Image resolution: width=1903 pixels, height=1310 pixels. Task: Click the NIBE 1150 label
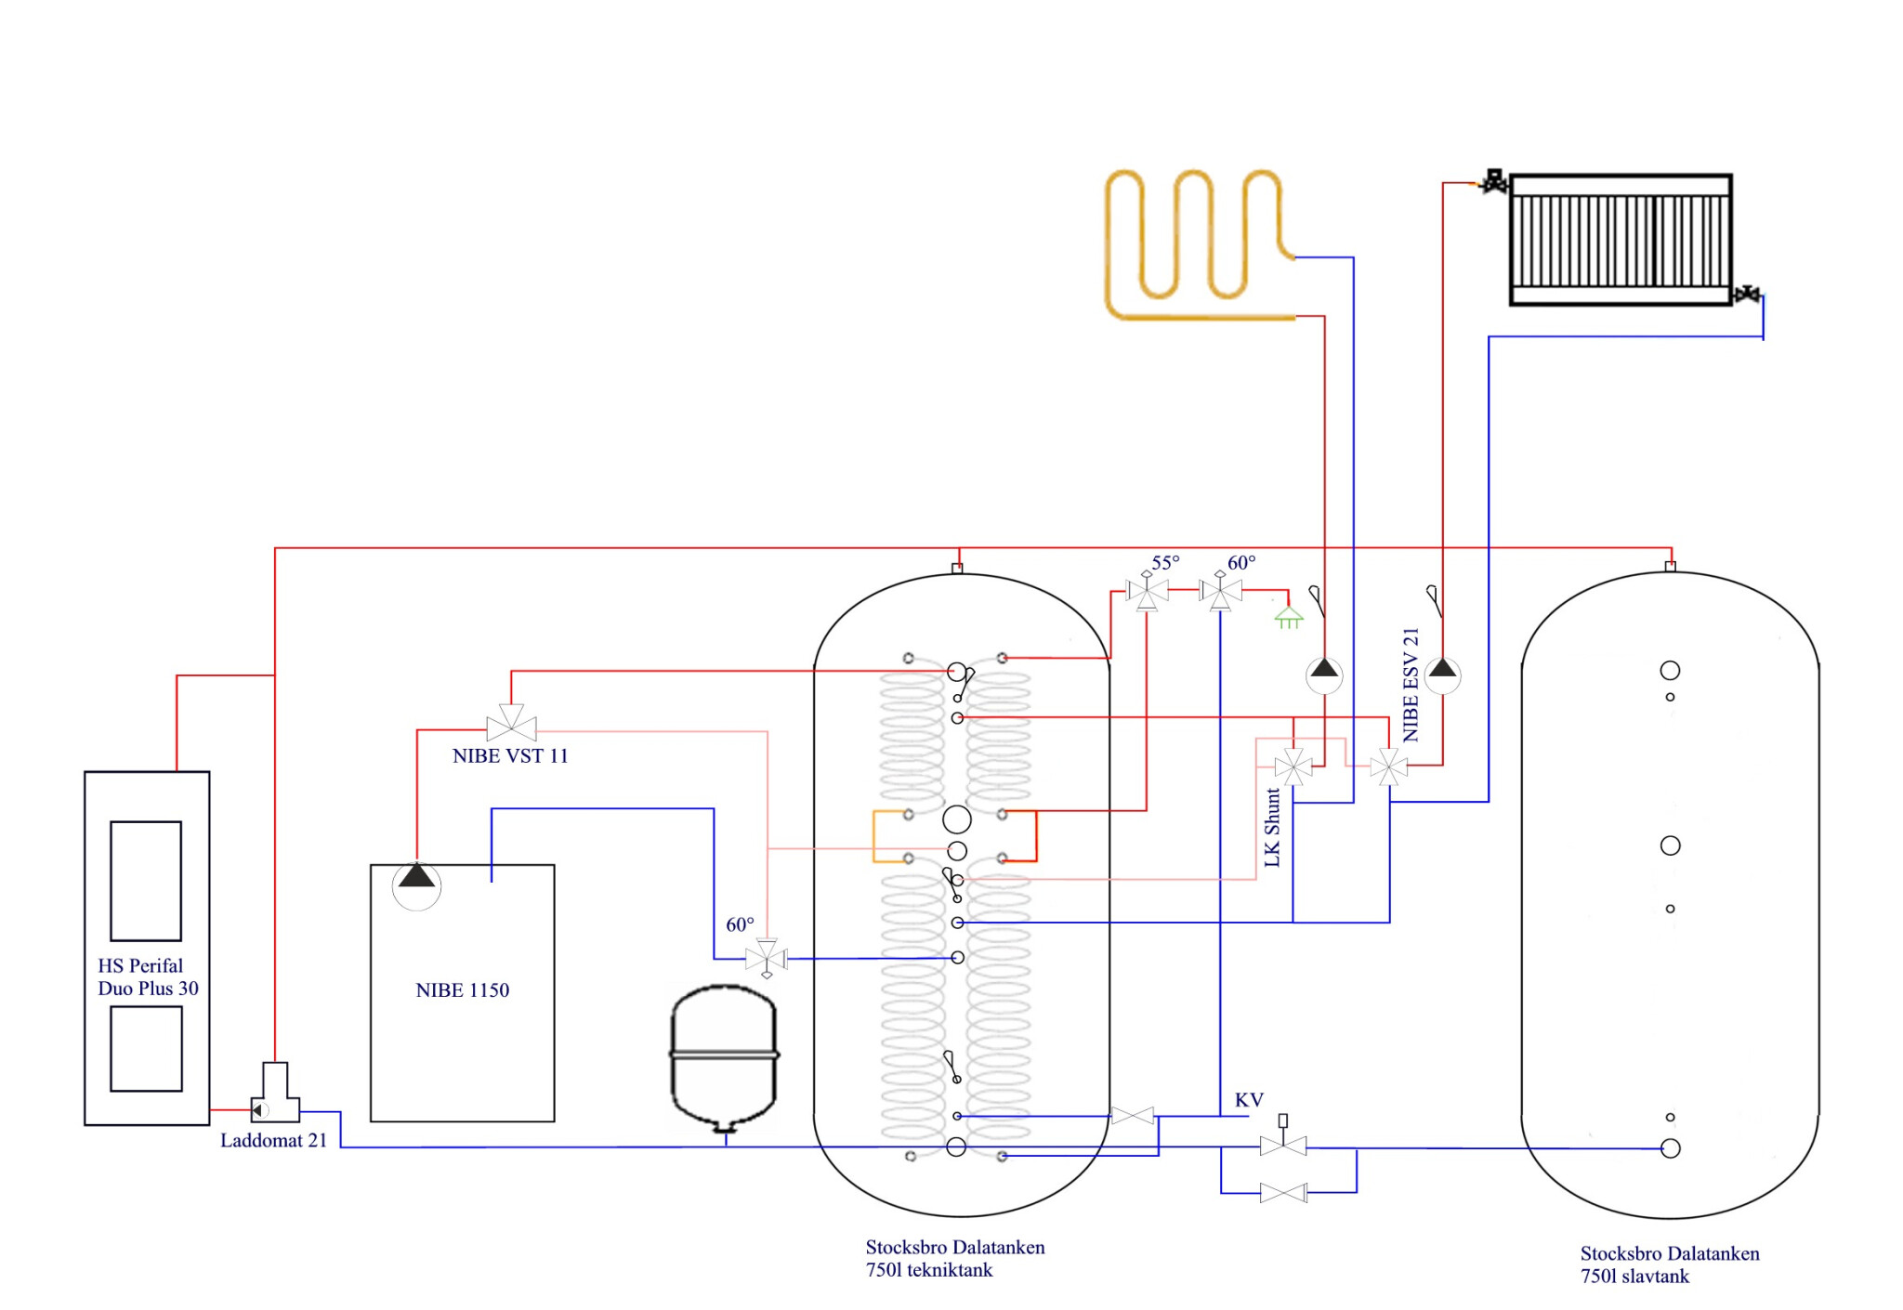(x=462, y=990)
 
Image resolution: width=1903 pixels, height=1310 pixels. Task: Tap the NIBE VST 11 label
(x=509, y=756)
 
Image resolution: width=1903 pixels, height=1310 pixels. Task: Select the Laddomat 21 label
(x=273, y=1141)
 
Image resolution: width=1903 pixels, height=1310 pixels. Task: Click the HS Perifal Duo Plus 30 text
(x=148, y=977)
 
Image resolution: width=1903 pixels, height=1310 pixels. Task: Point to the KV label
(x=1249, y=1101)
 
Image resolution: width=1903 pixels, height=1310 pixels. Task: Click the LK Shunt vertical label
(x=1272, y=828)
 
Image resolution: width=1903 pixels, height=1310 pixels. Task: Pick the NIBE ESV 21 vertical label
(x=1411, y=685)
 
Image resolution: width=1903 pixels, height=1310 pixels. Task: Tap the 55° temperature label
(x=1165, y=563)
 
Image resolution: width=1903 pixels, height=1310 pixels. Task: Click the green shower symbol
(x=1289, y=617)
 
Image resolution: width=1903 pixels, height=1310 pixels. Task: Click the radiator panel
(x=1621, y=240)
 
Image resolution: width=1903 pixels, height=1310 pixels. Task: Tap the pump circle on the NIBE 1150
(x=416, y=885)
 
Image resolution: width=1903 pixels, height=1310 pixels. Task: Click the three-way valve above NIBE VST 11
(x=511, y=723)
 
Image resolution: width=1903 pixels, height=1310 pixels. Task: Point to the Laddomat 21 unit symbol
(x=275, y=1094)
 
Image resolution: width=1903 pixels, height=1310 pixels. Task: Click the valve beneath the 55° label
(x=1147, y=591)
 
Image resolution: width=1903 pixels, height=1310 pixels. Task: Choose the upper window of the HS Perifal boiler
(x=146, y=881)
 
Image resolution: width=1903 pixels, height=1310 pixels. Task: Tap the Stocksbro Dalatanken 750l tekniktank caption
(x=954, y=1259)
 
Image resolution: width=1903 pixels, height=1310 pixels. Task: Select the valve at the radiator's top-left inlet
(x=1494, y=181)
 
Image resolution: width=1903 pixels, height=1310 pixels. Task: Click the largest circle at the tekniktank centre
(x=957, y=819)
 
